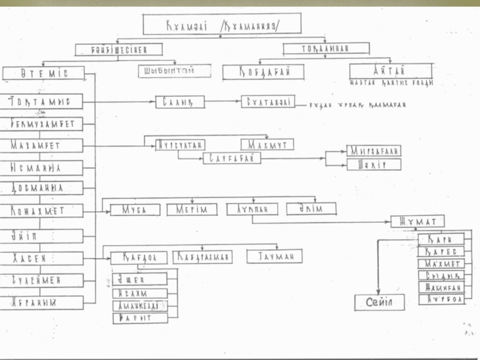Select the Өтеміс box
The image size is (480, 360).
pos(43,73)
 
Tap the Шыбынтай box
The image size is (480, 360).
pos(175,71)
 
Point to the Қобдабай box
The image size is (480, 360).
pos(263,72)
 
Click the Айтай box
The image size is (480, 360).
pos(390,71)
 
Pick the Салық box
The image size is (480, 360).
pos(179,102)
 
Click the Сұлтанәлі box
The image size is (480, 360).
pos(268,102)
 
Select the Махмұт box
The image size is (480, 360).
pos(267,145)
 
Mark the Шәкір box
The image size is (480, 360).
pos(373,164)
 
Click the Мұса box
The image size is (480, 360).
pos(135,210)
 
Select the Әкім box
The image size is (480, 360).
pos(311,209)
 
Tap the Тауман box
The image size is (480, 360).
pos(274,256)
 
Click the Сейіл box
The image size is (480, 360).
pos(379,302)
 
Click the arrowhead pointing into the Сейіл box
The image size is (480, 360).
pos(378,290)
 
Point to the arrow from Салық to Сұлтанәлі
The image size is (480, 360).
pos(223,102)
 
